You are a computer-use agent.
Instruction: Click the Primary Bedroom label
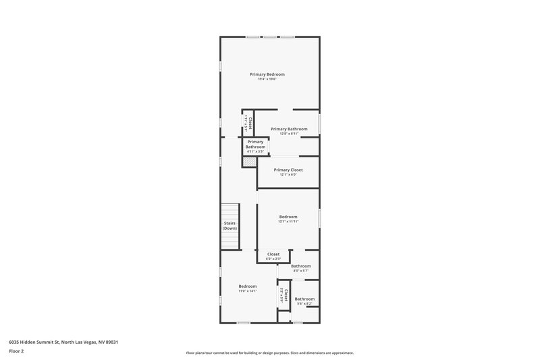pos(267,74)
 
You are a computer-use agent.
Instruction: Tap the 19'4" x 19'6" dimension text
pos(267,79)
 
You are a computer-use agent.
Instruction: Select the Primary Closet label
pos(288,170)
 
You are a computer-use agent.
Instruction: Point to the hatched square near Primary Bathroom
pos(248,162)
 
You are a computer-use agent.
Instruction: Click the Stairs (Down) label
pos(230,226)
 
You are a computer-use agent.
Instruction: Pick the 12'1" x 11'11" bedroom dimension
pos(288,222)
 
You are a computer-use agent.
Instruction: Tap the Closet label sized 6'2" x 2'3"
pos(273,254)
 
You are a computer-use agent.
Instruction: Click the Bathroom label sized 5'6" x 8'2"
pos(304,299)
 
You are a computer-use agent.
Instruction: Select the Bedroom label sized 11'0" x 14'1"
pos(248,286)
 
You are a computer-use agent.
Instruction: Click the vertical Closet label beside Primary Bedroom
pos(250,123)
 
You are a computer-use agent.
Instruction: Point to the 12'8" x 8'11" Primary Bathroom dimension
pos(289,134)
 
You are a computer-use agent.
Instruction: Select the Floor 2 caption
pos(17,351)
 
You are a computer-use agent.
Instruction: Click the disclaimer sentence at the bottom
pos(270,353)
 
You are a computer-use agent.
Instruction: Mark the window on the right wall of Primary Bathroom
pos(319,122)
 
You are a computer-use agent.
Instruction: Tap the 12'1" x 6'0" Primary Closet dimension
pos(288,175)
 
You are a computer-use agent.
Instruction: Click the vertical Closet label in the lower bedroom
pos(286,295)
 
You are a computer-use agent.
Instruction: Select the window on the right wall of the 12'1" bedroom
pos(319,215)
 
